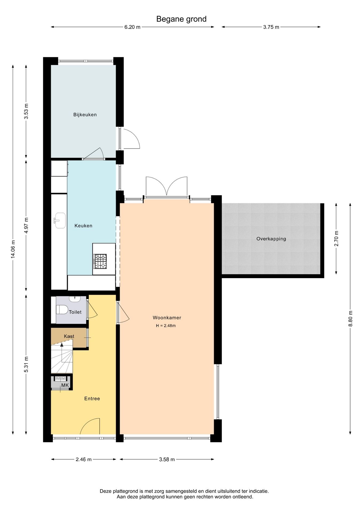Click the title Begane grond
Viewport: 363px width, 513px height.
(181, 19)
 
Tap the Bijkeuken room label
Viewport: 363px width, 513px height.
(85, 115)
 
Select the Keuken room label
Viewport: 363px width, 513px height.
(83, 226)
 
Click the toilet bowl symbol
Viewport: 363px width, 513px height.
(62, 310)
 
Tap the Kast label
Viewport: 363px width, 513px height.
(69, 336)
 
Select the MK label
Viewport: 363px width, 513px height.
(65, 385)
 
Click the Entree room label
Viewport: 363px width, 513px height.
(92, 399)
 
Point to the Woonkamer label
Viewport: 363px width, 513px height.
(167, 318)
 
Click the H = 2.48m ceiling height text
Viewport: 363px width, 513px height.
(166, 326)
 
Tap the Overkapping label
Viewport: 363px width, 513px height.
(271, 239)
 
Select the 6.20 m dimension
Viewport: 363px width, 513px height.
(132, 27)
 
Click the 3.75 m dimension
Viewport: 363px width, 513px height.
(271, 27)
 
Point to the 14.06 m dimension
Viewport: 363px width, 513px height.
(13, 249)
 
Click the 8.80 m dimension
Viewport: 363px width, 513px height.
(350, 318)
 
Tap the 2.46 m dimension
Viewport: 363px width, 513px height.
(83, 459)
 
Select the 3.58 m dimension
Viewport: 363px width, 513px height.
(167, 459)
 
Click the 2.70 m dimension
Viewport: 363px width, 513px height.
(336, 238)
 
